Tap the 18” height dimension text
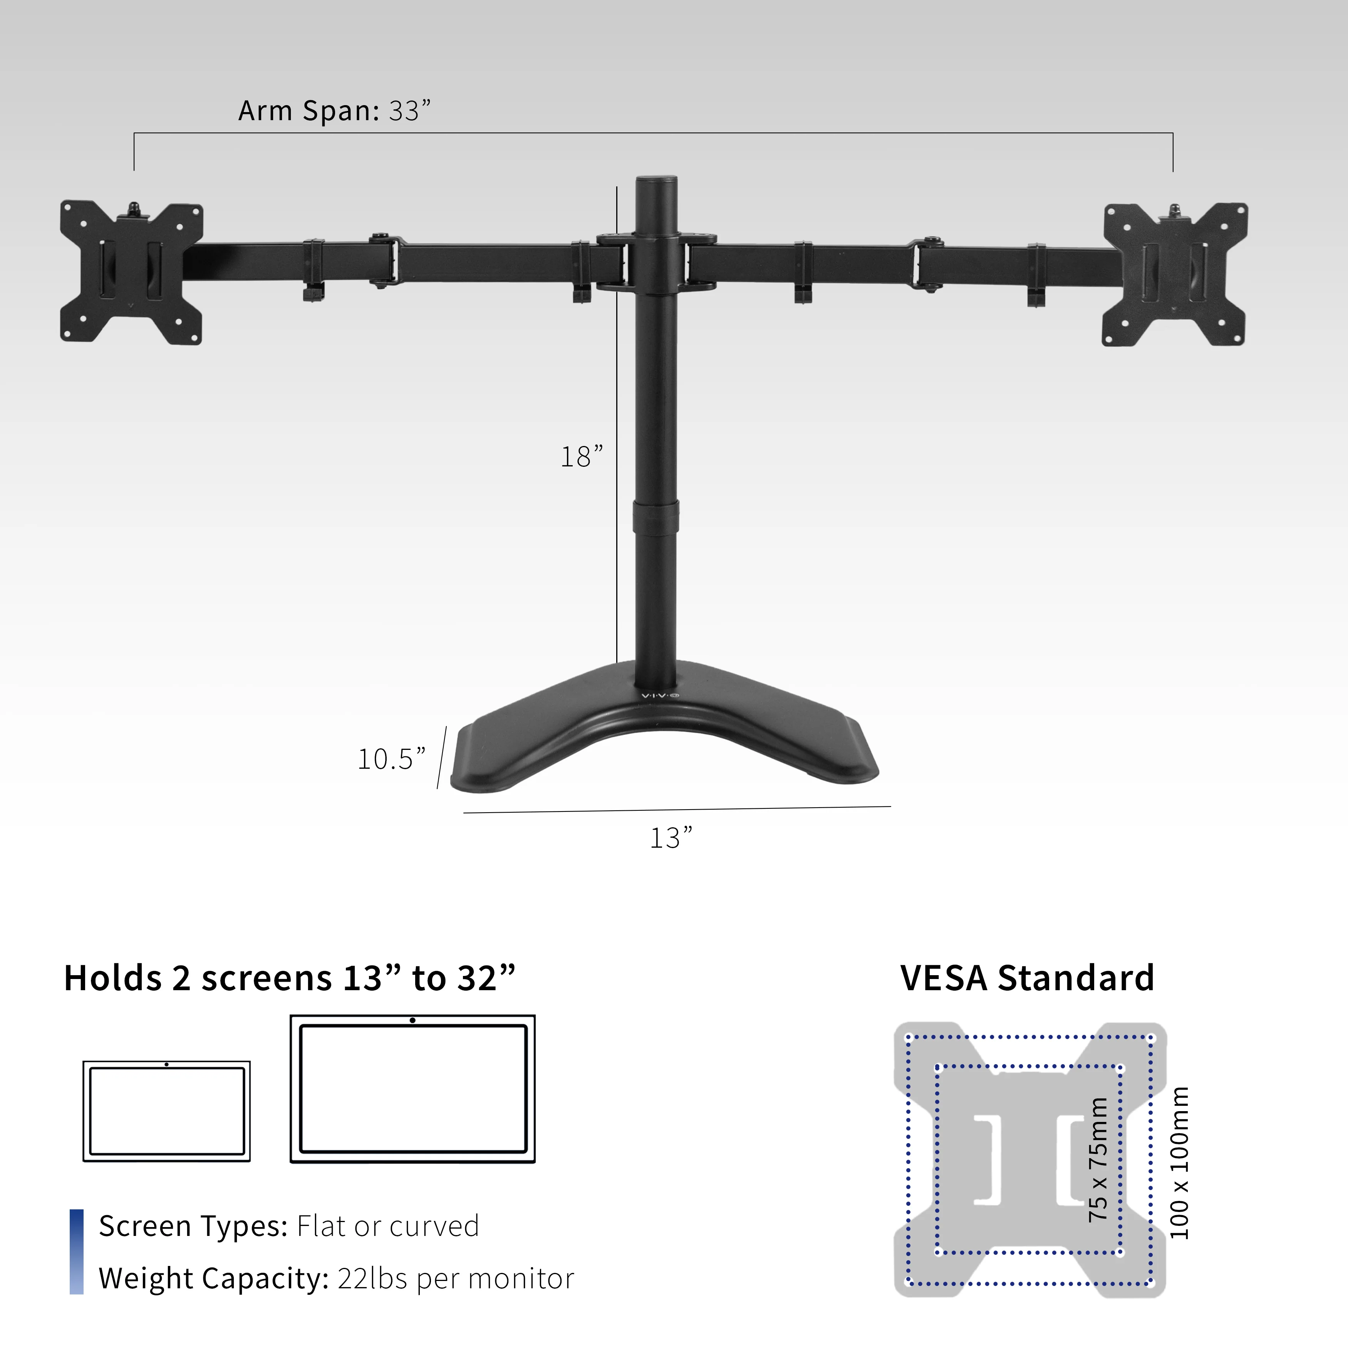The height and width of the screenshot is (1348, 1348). pos(581,457)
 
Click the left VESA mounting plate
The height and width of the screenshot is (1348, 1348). pos(131,273)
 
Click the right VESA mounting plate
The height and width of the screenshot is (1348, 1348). pos(1174,274)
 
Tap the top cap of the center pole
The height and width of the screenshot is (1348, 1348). pos(656,183)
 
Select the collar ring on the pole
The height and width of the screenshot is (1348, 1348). pos(656,517)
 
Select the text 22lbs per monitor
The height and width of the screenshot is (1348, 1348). pos(456,1278)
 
